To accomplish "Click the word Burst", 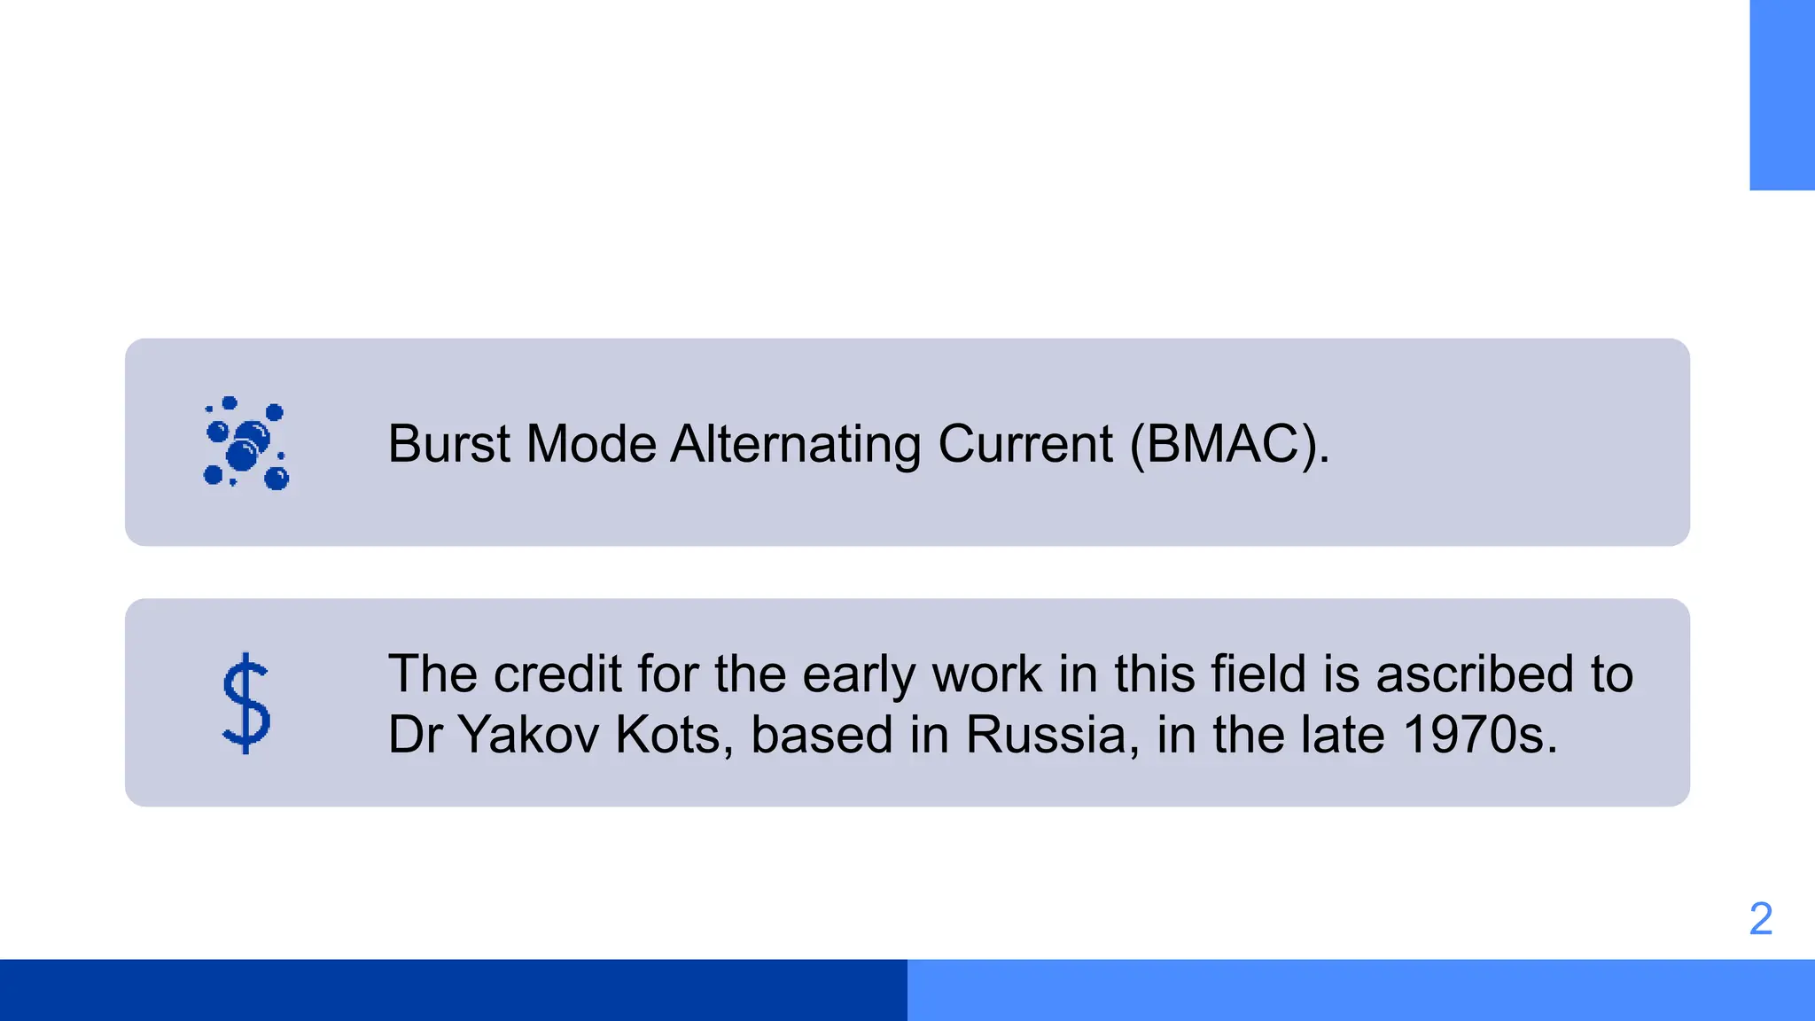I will pyautogui.click(x=449, y=444).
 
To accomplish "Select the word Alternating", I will pyautogui.click(x=795, y=444).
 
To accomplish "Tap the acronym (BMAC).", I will pyautogui.click(x=1228, y=444).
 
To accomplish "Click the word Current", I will pyautogui.click(x=1024, y=444).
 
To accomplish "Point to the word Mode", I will pyautogui.click(x=590, y=444).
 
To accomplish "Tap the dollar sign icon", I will pyautogui.click(x=245, y=703).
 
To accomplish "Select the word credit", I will pyautogui.click(x=557, y=674).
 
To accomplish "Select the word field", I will pyautogui.click(x=1259, y=674).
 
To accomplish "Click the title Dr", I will pyautogui.click(x=415, y=735).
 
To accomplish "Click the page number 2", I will pyautogui.click(x=1760, y=919).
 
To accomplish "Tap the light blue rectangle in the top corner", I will pyautogui.click(x=1781, y=95).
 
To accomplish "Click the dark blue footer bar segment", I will pyautogui.click(x=454, y=990).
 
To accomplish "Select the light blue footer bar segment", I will pyautogui.click(x=1361, y=990).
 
